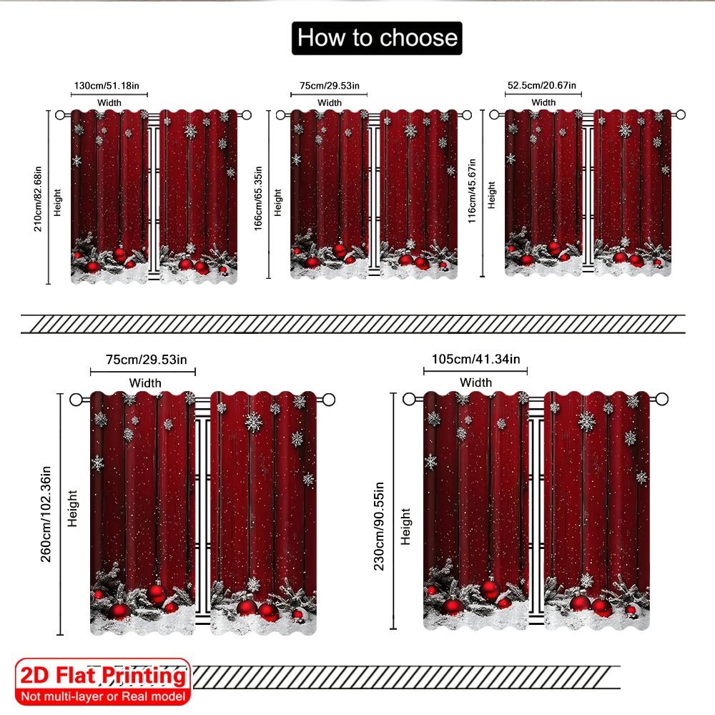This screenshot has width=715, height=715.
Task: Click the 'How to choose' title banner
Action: click(x=377, y=38)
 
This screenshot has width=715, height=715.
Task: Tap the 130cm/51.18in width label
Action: click(x=110, y=87)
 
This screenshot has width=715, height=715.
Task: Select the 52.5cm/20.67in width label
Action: click(x=543, y=86)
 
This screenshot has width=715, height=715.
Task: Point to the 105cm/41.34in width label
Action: click(x=475, y=359)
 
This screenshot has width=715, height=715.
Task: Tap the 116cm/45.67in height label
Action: click(x=472, y=191)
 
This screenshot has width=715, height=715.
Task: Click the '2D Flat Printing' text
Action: click(x=103, y=676)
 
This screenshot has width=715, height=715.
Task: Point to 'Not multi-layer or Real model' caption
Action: click(x=103, y=696)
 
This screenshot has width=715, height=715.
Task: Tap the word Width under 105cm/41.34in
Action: click(x=475, y=383)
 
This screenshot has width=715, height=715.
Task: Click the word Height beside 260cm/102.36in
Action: click(x=72, y=508)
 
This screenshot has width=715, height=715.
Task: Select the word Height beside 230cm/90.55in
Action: click(x=406, y=527)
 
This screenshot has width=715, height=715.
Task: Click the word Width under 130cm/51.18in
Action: click(x=109, y=103)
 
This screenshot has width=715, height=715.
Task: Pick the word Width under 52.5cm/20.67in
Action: click(x=543, y=103)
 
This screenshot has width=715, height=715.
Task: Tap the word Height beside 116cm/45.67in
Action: click(x=491, y=194)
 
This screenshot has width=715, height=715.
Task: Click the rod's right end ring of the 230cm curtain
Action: click(x=662, y=399)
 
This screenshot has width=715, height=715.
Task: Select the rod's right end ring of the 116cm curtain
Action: click(x=680, y=114)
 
